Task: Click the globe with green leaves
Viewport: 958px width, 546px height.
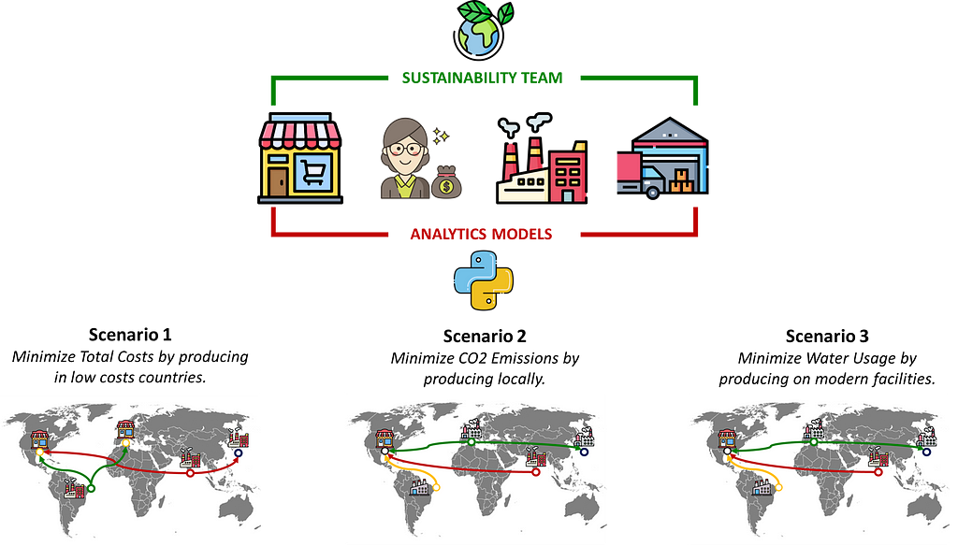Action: tap(481, 29)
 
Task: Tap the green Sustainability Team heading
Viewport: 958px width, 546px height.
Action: tap(483, 78)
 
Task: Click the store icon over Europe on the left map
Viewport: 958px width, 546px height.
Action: tap(125, 429)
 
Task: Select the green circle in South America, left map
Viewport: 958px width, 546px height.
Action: tap(91, 488)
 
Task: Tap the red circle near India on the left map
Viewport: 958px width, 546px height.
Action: tap(191, 473)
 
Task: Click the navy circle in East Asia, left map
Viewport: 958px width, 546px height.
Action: tap(238, 453)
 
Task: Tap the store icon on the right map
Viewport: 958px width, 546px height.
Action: tap(725, 439)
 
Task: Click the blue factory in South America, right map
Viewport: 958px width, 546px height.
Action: tap(763, 486)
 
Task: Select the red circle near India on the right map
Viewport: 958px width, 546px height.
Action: tap(878, 472)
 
